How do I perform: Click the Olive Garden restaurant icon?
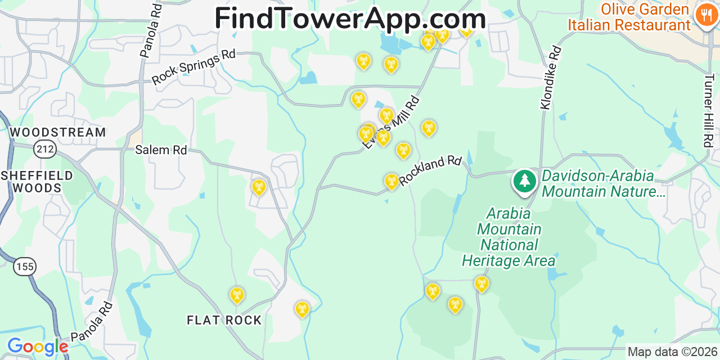coord(705,15)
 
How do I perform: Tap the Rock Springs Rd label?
coord(193,67)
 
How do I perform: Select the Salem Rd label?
coord(161,150)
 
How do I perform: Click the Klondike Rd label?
coord(551,78)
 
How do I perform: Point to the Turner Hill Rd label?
coord(708,110)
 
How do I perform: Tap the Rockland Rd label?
coord(430,170)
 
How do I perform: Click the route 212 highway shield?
coord(44,149)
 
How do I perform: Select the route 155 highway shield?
coord(25,266)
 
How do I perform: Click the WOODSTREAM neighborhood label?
coord(58,132)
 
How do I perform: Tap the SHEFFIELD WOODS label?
coord(37,182)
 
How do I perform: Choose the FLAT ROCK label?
coord(224,320)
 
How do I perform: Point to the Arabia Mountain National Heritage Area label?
coord(508,237)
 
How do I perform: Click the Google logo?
coord(37,346)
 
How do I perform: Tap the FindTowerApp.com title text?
coord(350,19)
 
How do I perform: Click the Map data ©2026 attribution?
coord(673,352)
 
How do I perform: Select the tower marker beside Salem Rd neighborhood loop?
coord(259,187)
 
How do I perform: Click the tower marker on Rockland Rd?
coord(391,181)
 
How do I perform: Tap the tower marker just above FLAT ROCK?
coord(237,295)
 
